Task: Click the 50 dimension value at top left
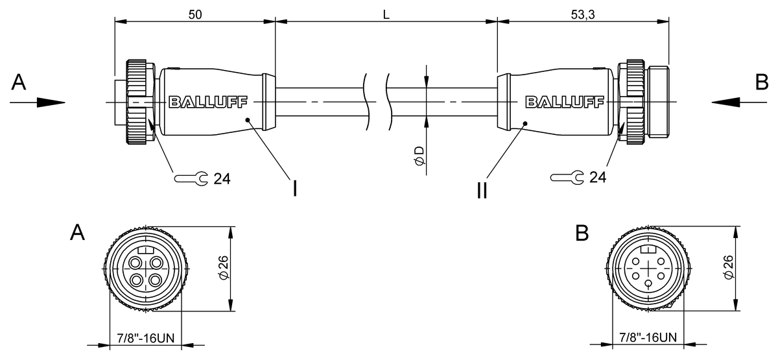click(194, 14)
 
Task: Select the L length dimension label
click(386, 14)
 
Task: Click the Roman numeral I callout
click(295, 188)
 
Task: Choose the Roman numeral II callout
click(482, 191)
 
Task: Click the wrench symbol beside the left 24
click(191, 177)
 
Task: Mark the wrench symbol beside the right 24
click(567, 177)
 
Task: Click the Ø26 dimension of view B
click(727, 268)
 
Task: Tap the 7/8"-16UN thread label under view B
click(648, 337)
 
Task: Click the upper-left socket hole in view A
click(136, 263)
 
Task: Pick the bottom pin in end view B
click(649, 284)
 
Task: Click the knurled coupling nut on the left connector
click(139, 102)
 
